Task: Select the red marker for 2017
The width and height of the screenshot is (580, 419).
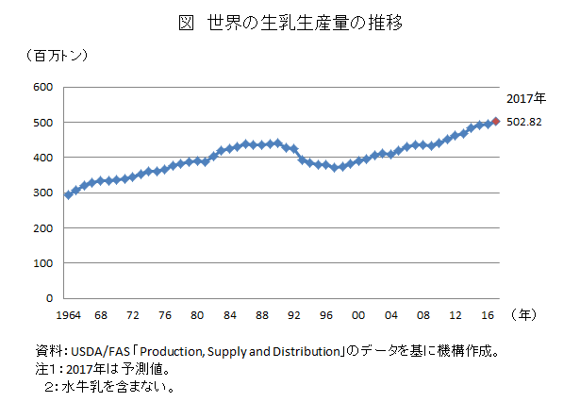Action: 496,121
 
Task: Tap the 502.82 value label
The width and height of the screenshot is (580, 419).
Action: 523,122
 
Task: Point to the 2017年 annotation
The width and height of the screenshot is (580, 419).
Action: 524,98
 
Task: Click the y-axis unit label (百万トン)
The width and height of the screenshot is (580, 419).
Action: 58,56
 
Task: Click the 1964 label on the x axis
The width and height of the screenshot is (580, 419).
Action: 67,314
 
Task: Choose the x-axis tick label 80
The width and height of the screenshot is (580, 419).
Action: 196,314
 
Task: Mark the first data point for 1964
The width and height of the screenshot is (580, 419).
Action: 67,194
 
